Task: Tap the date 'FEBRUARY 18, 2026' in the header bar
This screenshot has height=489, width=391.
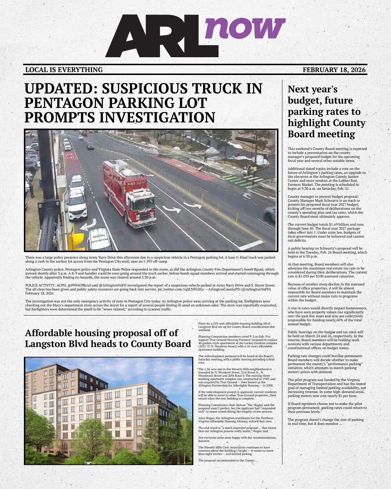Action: (334, 70)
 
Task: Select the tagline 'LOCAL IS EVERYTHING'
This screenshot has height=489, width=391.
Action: (64, 70)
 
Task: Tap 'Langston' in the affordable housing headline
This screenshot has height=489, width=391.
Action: (45, 344)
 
